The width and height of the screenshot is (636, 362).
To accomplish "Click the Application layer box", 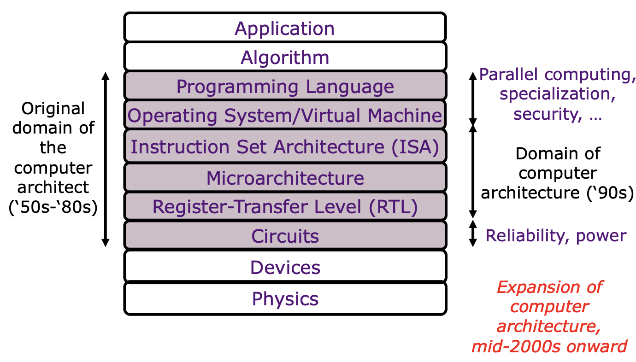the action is (x=285, y=28).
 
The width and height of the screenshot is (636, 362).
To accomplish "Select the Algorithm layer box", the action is (x=285, y=57).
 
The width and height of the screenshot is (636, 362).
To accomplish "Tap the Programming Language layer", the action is (x=285, y=86).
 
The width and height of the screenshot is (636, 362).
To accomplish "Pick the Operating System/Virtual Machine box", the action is (x=285, y=115).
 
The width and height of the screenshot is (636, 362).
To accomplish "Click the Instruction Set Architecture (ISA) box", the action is (x=285, y=146).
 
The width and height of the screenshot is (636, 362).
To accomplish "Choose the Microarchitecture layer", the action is (x=285, y=178).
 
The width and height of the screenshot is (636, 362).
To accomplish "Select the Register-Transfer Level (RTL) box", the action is (x=285, y=206).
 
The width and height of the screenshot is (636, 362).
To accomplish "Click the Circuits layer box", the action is (x=285, y=235).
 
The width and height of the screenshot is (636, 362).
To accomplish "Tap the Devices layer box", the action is (x=285, y=267).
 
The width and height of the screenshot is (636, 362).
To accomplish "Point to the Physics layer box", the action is (x=285, y=298).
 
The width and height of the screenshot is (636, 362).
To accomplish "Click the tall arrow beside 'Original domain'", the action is (x=106, y=159).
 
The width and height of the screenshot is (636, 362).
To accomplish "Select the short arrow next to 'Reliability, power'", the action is (x=472, y=233).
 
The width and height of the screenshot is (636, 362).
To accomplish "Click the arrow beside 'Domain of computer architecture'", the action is (x=472, y=171).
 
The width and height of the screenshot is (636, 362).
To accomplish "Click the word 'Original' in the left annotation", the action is (x=53, y=109).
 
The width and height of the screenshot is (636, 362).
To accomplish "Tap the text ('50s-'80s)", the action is (x=53, y=207).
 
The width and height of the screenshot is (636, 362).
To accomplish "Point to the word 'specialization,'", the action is (x=558, y=94).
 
